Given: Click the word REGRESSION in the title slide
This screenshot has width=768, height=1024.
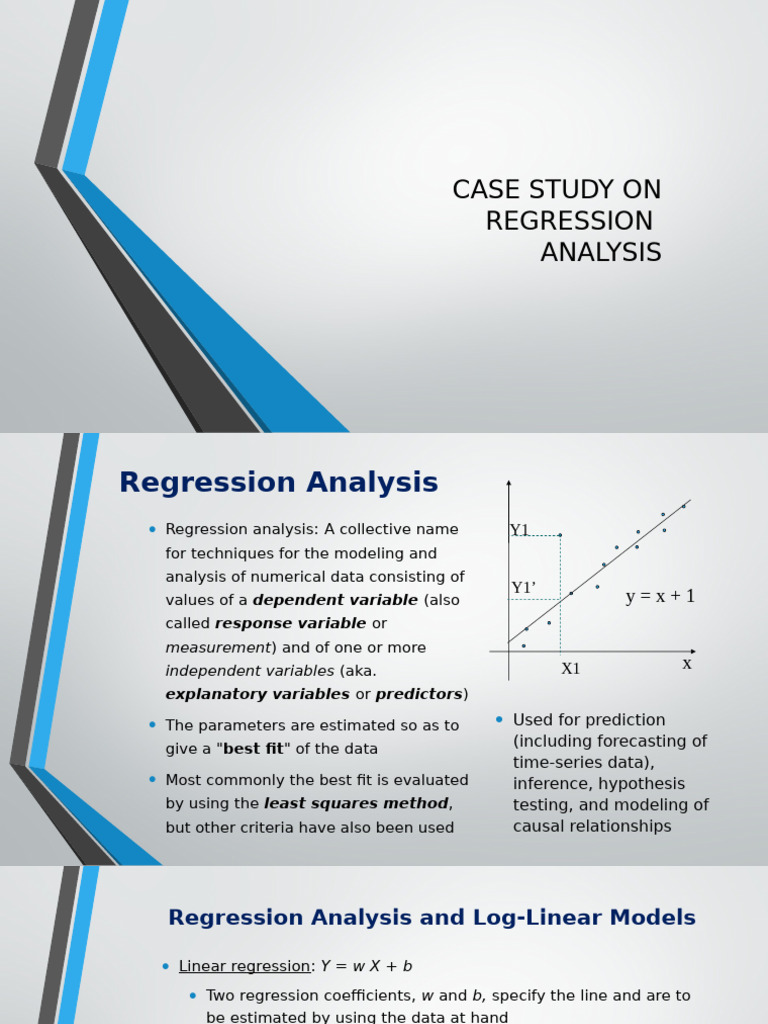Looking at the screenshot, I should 569,221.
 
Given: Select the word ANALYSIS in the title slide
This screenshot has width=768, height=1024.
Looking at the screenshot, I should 601,253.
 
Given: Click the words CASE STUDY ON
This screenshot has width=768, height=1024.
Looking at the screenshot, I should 557,189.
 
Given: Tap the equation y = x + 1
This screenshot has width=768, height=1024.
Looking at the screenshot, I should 660,597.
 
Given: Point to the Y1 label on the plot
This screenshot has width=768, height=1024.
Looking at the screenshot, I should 519,531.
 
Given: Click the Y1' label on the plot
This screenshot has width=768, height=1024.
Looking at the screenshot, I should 523,588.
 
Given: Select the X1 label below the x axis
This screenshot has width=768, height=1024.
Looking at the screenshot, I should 570,669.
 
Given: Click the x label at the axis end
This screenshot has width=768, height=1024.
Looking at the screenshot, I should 687,664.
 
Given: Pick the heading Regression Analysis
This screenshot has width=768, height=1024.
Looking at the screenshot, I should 278,483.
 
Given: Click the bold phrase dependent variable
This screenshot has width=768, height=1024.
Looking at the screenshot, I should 335,600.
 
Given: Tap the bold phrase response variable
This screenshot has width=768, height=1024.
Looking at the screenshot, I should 291,624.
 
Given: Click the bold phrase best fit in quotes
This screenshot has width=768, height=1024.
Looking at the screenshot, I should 253,748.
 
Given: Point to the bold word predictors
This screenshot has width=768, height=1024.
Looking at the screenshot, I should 419,694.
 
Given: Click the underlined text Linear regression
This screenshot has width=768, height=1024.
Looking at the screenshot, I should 244,966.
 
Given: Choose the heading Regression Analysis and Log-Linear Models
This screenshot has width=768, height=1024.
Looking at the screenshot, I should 431,918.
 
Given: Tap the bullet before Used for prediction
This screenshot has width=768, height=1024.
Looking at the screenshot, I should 500,720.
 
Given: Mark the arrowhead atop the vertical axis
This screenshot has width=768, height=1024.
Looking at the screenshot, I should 509,484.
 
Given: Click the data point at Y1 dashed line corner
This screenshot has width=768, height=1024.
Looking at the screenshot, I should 560,535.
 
